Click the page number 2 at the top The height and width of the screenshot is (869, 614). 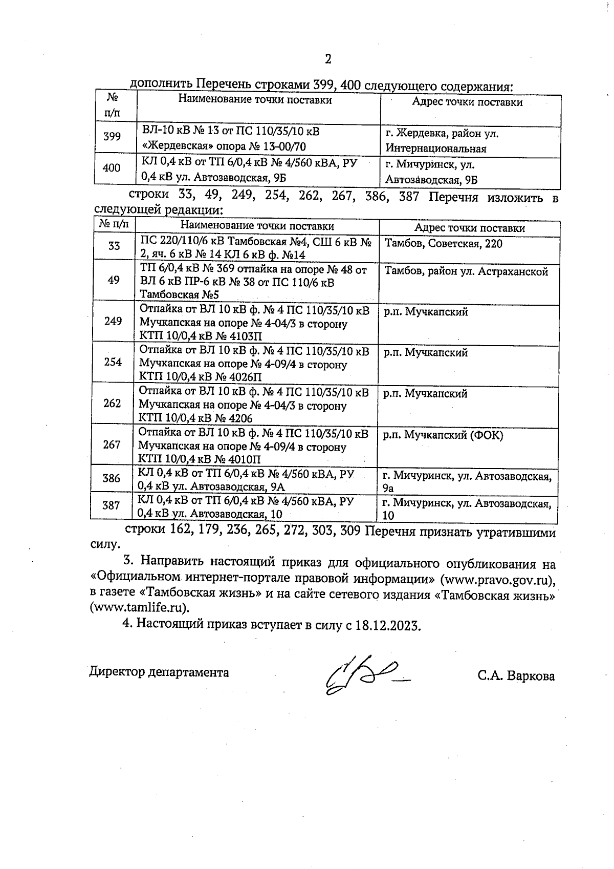point(328,59)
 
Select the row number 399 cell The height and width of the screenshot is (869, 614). point(112,137)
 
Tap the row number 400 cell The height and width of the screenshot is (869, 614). point(112,168)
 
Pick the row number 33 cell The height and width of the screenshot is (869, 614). point(114,246)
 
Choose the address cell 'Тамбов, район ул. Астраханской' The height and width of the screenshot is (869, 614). point(466,271)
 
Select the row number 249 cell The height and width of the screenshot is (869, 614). point(113,321)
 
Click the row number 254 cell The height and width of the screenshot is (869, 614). point(113,362)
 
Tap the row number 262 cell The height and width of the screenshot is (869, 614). point(113,403)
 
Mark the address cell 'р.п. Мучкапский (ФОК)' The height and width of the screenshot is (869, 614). point(444,435)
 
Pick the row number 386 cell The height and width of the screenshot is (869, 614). point(112,478)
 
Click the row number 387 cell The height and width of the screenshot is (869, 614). point(111,505)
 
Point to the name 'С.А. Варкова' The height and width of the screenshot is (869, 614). point(516,676)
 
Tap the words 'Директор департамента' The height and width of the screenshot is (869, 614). point(160,672)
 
